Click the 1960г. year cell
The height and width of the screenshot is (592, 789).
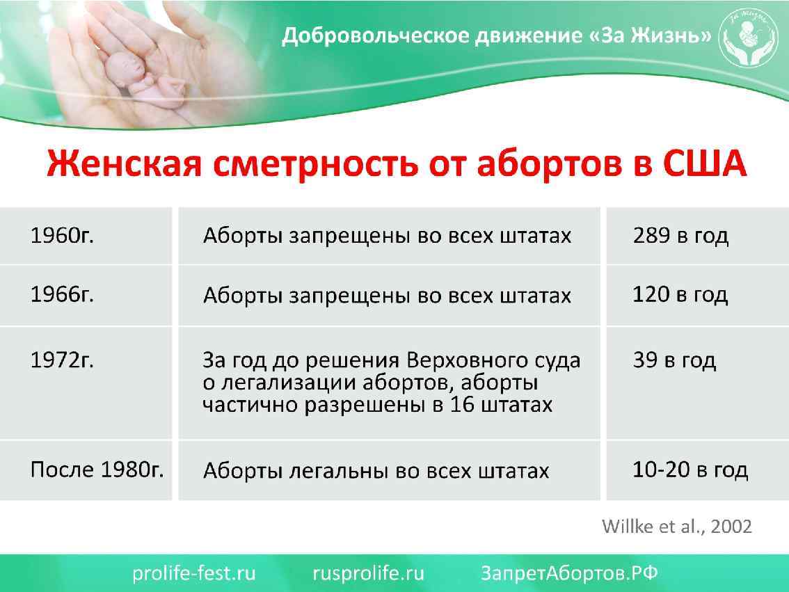tap(62, 236)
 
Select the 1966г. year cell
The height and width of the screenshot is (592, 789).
tap(62, 295)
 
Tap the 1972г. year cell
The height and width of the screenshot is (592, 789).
tap(62, 360)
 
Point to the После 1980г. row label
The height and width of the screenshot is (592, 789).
tap(97, 470)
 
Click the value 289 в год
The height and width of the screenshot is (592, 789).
tap(680, 236)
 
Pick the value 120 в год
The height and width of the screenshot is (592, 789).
tap(680, 295)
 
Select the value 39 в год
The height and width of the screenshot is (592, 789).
tap(674, 360)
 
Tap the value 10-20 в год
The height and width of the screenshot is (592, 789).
tap(690, 470)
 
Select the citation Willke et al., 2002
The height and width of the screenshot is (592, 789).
tap(676, 527)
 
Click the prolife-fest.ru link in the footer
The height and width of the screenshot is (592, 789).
tap(194, 573)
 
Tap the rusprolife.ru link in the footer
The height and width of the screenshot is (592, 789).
tap(368, 573)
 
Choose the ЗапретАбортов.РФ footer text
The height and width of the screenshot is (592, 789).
tap(569, 573)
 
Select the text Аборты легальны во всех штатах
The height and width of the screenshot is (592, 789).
tap(376, 471)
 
